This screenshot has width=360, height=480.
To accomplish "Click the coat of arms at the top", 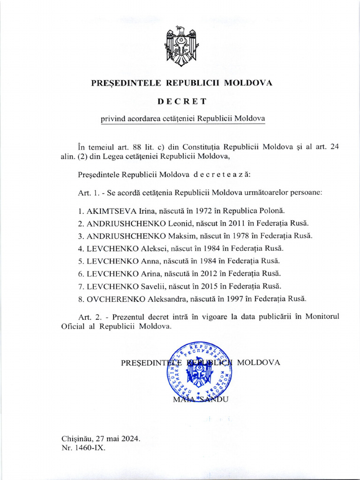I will coord(180,46).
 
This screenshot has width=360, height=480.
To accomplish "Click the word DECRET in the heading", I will coord(181,101).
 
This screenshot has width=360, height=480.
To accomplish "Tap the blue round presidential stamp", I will coord(199,370).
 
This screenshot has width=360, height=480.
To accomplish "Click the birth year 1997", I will coord(252,298).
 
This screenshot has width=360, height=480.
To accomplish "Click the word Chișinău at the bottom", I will coord(77,439).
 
